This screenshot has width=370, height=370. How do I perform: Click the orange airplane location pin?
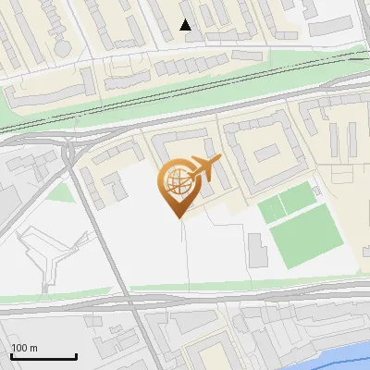pyautogui.click(x=179, y=184)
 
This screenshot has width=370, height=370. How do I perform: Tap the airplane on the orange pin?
pyautogui.click(x=201, y=169)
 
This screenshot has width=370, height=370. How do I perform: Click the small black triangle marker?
pyautogui.click(x=186, y=25)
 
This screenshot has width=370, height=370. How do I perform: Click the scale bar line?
pyautogui.click(x=43, y=357)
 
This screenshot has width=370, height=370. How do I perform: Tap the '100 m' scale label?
pyautogui.click(x=25, y=348)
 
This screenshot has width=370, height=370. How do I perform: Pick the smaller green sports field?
pyautogui.click(x=286, y=202)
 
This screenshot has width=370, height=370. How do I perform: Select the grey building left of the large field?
pyautogui.click(x=256, y=247)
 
